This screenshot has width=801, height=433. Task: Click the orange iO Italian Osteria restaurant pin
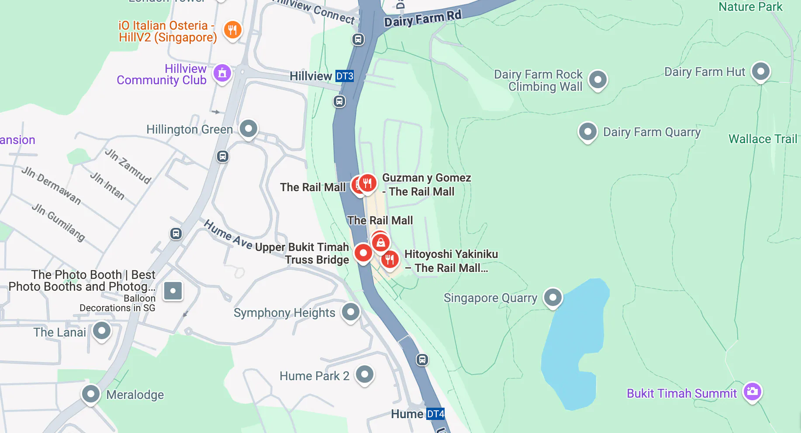232,30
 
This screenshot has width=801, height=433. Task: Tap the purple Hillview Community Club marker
222,73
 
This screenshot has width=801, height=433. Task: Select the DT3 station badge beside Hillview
344,76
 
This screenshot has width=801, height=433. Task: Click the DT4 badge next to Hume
435,414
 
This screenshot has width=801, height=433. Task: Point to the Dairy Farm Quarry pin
587,131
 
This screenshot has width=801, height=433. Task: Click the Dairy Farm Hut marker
760,71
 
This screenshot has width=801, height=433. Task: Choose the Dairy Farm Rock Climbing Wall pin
597,80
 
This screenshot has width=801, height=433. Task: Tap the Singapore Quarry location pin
552,297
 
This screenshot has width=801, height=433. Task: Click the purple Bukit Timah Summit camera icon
752,392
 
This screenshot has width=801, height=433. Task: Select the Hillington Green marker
249,129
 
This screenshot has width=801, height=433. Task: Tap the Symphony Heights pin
350,312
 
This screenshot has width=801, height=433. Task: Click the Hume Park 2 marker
364,374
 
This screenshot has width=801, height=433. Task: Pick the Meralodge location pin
91,394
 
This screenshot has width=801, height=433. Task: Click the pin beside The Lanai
102,331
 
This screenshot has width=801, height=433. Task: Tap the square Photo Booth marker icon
173,291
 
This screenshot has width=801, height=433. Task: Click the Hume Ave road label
228,235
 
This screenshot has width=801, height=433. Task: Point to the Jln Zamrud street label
128,166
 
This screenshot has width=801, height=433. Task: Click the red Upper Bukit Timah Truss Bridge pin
363,253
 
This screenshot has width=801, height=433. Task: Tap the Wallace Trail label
763,139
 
